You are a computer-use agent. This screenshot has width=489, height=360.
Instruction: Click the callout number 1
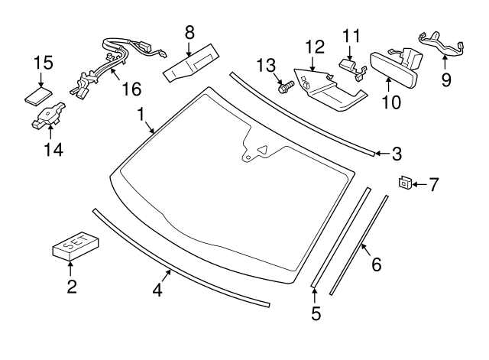[x=141, y=114]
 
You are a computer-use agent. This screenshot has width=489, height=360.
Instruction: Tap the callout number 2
[x=71, y=287]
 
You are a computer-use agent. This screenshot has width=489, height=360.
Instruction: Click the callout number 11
[x=350, y=35]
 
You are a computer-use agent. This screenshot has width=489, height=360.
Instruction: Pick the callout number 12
[x=315, y=47]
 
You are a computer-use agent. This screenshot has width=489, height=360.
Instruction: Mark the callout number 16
[x=131, y=89]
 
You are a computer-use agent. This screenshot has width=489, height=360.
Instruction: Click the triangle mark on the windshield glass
[x=261, y=151]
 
